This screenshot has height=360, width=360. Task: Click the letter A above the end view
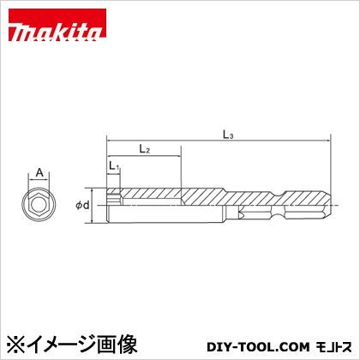[39, 171]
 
